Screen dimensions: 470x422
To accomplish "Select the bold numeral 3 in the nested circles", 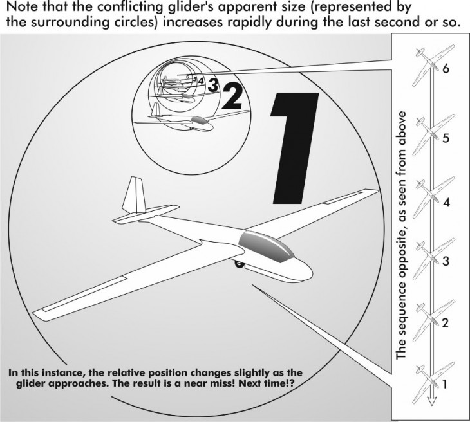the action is pos(213,85).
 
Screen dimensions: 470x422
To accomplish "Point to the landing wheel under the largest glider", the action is pos(239,264).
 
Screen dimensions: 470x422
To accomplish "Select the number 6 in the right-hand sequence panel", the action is pos(446,69).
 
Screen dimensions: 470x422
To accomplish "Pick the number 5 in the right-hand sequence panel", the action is pos(446,138).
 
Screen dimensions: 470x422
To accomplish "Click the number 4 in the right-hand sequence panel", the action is pos(446,203).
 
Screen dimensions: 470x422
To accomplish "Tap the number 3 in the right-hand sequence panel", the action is pos(446,261).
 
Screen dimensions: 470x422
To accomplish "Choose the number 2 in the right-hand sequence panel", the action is pos(446,323).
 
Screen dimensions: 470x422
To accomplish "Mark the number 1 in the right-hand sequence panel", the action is pos(445,384).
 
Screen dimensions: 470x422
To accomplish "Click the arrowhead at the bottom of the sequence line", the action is pos(431,401).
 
